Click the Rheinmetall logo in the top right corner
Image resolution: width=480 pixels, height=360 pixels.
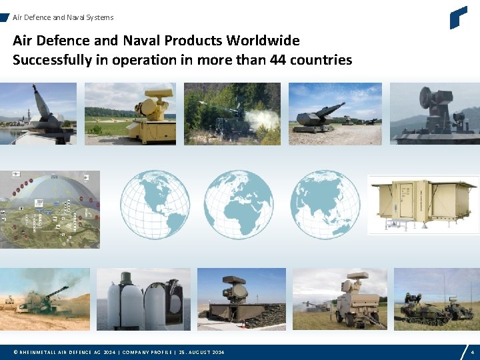click(x=458, y=17)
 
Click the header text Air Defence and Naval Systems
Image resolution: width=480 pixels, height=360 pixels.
click(x=63, y=17)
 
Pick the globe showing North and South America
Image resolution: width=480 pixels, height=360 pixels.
click(x=155, y=204)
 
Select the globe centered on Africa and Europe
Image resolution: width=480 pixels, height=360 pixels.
click(x=239, y=204)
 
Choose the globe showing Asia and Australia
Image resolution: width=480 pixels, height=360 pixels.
click(x=325, y=204)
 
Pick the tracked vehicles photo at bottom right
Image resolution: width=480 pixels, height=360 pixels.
click(x=437, y=300)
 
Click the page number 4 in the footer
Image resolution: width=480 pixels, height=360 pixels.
click(x=472, y=351)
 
